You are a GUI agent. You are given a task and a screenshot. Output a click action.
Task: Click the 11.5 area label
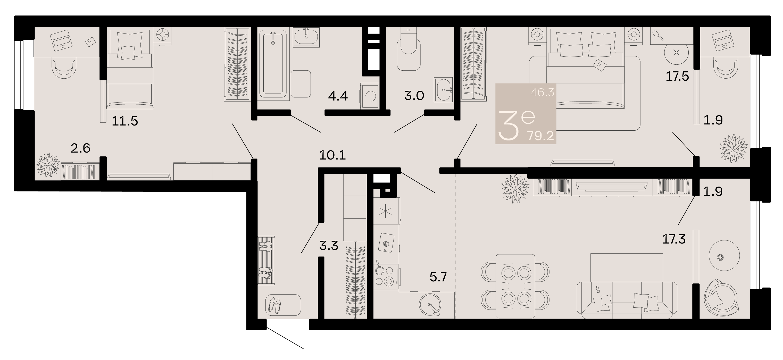(125, 121)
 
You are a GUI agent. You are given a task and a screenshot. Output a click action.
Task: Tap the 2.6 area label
(81, 148)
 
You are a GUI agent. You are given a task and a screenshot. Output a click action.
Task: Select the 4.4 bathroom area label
(338, 96)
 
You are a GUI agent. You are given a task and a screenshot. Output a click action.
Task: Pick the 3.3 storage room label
(329, 246)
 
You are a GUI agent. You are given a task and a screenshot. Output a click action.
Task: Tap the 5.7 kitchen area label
(438, 277)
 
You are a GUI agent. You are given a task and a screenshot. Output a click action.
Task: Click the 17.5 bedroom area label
(677, 76)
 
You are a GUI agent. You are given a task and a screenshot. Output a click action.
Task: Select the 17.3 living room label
(674, 239)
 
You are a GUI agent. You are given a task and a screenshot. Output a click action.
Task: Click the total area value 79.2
(541, 136)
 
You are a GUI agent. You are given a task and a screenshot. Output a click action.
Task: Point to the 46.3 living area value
(542, 92)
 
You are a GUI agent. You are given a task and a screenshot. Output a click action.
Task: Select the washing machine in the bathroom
(370, 95)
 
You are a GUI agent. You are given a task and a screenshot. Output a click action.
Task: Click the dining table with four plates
(515, 286)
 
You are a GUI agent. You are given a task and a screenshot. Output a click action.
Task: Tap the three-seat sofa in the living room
(627, 300)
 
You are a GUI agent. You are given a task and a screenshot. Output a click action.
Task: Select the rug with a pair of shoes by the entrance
(283, 305)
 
